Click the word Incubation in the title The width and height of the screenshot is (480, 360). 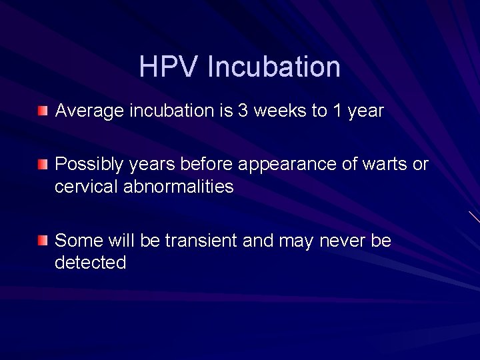point(274,67)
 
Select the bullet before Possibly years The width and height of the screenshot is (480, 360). point(43,163)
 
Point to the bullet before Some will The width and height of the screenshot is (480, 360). point(43,239)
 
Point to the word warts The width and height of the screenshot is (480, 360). point(385,165)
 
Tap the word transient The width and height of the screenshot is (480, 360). point(201,241)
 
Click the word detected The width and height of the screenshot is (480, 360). point(90,263)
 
